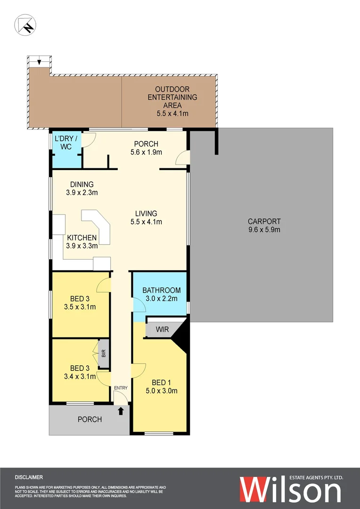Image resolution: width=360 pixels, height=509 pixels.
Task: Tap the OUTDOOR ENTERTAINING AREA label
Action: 172,97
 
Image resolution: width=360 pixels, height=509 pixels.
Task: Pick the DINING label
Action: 82,184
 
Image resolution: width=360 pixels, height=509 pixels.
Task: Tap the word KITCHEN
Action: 82,238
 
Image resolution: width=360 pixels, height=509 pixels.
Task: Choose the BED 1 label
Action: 162,382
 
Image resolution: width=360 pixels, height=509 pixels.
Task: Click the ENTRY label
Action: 121,388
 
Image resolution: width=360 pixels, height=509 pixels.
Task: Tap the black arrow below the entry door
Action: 121,411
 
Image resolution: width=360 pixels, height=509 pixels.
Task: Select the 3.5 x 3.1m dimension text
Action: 80,307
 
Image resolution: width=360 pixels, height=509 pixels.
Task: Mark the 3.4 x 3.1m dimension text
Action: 80,377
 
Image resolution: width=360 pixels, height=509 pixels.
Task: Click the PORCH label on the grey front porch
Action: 90,419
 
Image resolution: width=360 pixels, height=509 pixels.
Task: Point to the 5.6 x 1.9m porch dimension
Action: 146,152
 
